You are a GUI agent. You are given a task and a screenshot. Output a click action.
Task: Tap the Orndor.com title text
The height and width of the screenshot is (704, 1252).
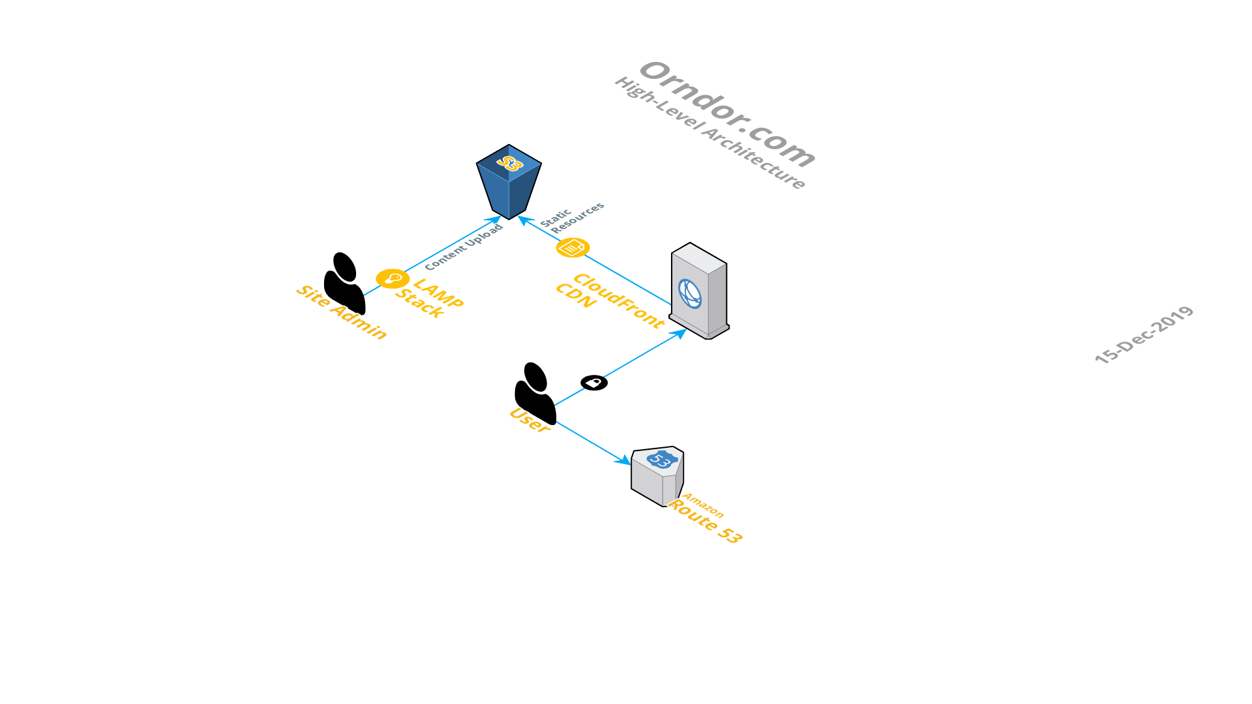(x=727, y=114)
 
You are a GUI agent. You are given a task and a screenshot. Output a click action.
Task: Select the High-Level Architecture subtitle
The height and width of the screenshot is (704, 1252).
(x=709, y=133)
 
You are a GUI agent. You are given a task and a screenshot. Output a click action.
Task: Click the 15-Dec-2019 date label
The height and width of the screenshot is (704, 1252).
(x=1144, y=334)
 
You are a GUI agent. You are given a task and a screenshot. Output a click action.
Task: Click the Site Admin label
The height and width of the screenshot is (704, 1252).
(x=341, y=312)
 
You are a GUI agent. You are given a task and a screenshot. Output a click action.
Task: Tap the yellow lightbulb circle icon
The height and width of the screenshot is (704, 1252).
(x=393, y=278)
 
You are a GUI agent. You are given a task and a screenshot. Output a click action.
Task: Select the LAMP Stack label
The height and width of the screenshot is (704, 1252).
(x=429, y=298)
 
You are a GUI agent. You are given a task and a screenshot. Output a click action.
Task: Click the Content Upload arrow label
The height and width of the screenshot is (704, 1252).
(x=464, y=247)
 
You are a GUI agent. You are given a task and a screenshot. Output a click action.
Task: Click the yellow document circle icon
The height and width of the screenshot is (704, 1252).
(x=573, y=248)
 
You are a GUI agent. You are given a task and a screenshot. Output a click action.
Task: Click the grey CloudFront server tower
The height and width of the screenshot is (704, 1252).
(x=699, y=291)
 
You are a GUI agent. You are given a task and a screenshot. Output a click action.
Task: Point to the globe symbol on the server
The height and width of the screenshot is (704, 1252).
(x=689, y=293)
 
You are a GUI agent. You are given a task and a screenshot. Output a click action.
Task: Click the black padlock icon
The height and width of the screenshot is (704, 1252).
(x=594, y=383)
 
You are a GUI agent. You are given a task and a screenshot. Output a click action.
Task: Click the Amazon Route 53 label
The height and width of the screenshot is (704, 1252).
(x=705, y=519)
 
